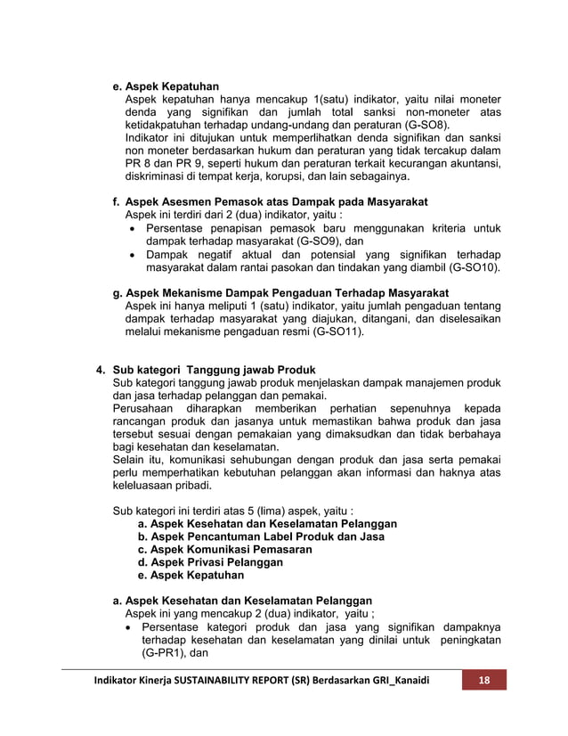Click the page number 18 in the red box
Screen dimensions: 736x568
(x=484, y=681)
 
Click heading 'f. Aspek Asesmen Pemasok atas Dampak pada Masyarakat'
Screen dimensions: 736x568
(x=270, y=202)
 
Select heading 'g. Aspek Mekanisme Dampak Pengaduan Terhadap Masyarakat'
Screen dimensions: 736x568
(x=280, y=293)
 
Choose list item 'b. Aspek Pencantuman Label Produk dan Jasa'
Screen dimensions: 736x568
(x=261, y=537)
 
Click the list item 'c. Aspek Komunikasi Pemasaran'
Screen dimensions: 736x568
(x=224, y=550)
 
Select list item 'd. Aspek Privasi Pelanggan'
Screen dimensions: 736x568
(x=210, y=562)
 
